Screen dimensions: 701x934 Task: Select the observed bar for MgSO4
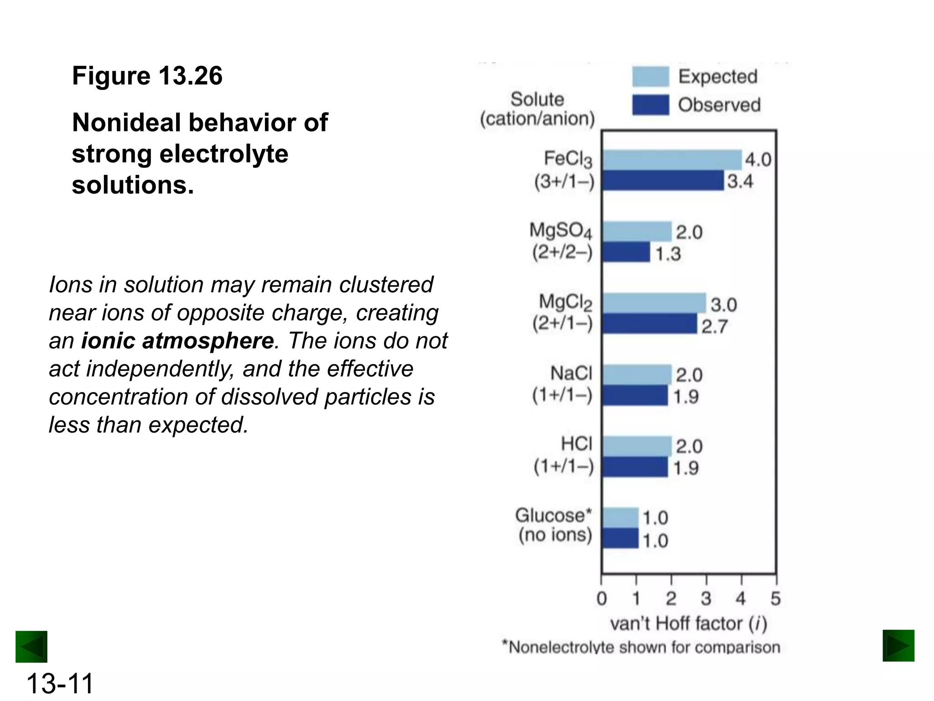pyautogui.click(x=626, y=252)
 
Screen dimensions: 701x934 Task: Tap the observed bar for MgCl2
pyautogui.click(x=649, y=324)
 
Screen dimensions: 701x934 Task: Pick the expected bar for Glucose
pyautogui.click(x=620, y=517)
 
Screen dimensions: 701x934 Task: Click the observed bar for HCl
pyautogui.click(x=635, y=467)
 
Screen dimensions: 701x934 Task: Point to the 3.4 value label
pyautogui.click(x=740, y=181)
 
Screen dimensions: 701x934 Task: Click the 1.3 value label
pyautogui.click(x=668, y=254)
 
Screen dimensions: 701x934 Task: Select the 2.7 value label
pyautogui.click(x=714, y=326)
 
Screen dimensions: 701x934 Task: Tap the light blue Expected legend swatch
pyautogui.click(x=650, y=77)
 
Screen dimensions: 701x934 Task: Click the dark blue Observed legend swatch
pyautogui.click(x=650, y=105)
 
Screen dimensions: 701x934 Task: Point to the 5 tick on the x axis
pyautogui.click(x=776, y=598)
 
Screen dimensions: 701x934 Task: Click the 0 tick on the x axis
pyautogui.click(x=602, y=598)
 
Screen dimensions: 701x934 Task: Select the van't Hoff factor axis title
pyautogui.click(x=689, y=623)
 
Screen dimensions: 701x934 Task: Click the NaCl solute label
pyautogui.click(x=571, y=373)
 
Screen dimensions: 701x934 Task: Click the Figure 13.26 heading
pyautogui.click(x=147, y=76)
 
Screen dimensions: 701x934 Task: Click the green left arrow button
pyautogui.click(x=31, y=647)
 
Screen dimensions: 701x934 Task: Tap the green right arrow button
pyautogui.click(x=898, y=646)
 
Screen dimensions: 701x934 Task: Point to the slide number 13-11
pyautogui.click(x=60, y=683)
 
